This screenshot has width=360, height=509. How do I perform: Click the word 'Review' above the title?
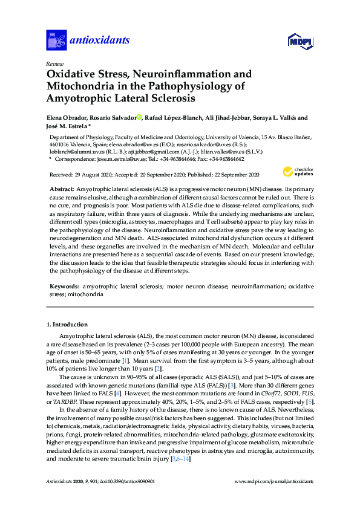pyautogui.click(x=54, y=63)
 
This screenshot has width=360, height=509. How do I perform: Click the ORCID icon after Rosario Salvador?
pyautogui.click(x=139, y=118)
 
